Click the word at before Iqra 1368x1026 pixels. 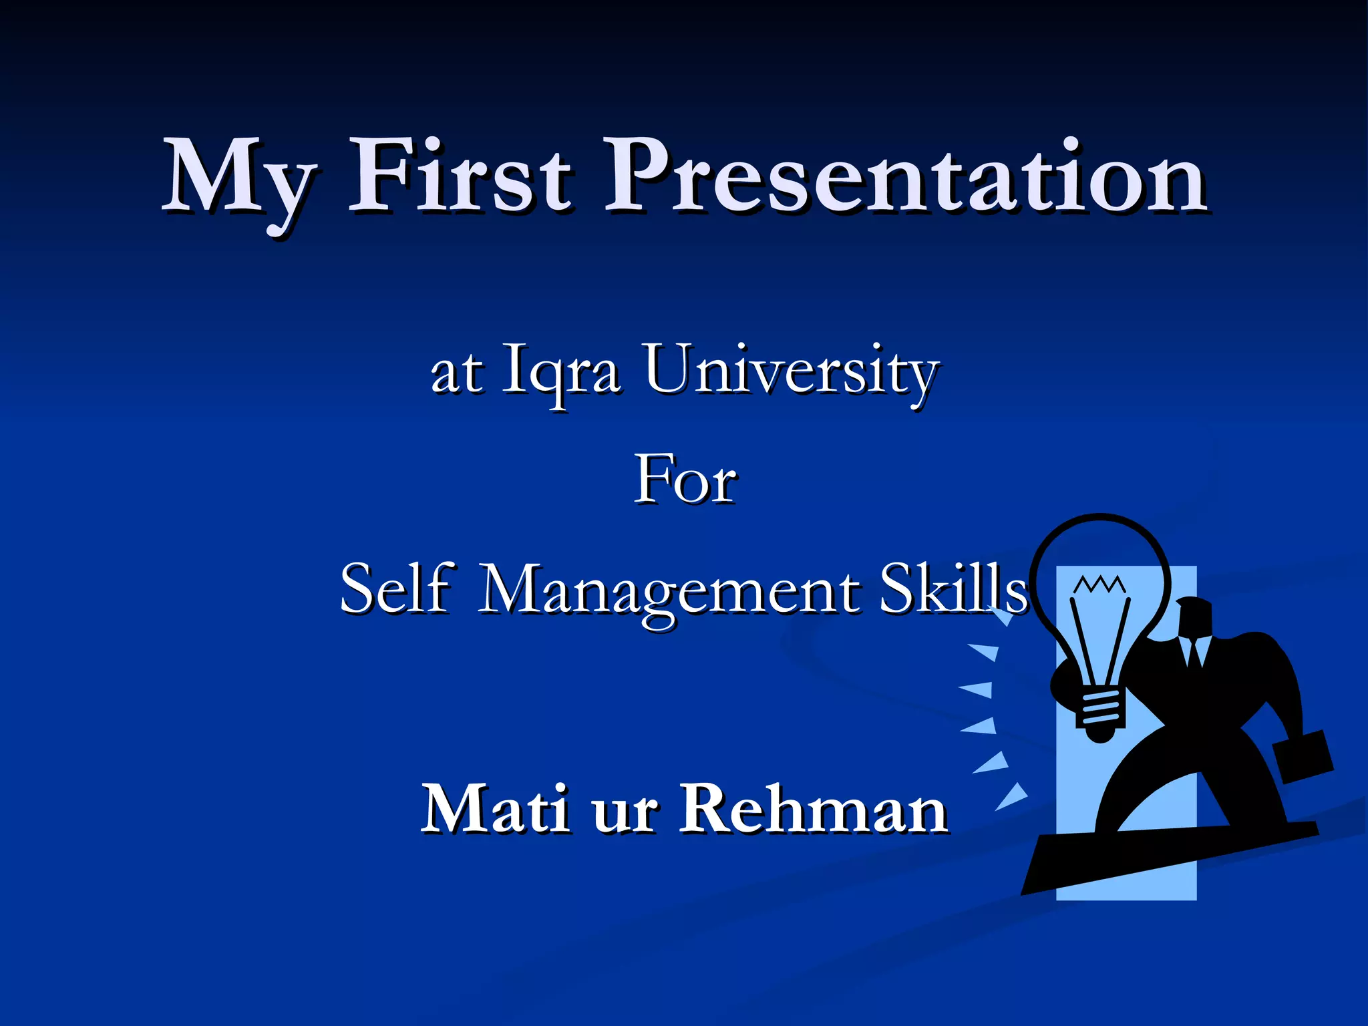pyautogui.click(x=456, y=373)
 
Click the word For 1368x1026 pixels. pyautogui.click(x=685, y=480)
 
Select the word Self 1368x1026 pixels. pyautogui.click(x=397, y=588)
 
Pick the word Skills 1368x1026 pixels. pyautogui.click(x=952, y=588)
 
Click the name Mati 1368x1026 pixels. pyautogui.click(x=495, y=808)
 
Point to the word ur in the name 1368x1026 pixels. pyautogui.click(x=624, y=815)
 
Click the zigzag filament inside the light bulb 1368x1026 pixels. pyautogui.click(x=1099, y=584)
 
